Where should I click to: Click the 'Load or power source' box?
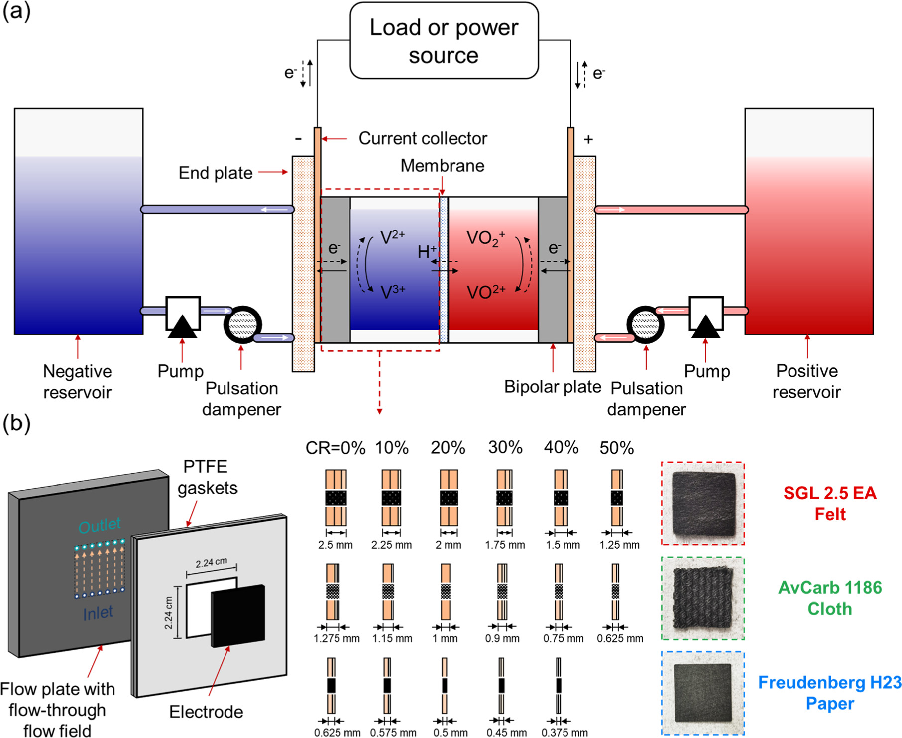pyautogui.click(x=444, y=41)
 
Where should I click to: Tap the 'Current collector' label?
pyautogui.click(x=423, y=138)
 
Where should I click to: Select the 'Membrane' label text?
pyautogui.click(x=442, y=166)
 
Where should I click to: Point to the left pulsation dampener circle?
pyautogui.click(x=243, y=324)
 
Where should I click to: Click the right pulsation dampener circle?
pyautogui.click(x=645, y=324)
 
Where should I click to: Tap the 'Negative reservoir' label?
pyautogui.click(x=77, y=381)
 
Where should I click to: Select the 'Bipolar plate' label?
pyautogui.click(x=553, y=387)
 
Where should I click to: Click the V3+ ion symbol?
pyautogui.click(x=392, y=291)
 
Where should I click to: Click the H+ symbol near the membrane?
pyautogui.click(x=427, y=252)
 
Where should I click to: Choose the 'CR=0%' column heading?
pyautogui.click(x=335, y=448)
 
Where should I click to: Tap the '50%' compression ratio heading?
pyautogui.click(x=616, y=448)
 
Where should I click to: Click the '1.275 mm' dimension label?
pyautogui.click(x=337, y=638)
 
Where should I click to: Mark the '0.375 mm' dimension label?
pyautogui.click(x=564, y=733)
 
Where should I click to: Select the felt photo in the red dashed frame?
pyautogui.click(x=703, y=503)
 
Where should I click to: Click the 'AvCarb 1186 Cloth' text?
pyautogui.click(x=830, y=598)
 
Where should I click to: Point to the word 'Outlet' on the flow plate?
pyautogui.click(x=100, y=525)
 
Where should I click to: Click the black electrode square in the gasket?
pyautogui.click(x=238, y=616)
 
